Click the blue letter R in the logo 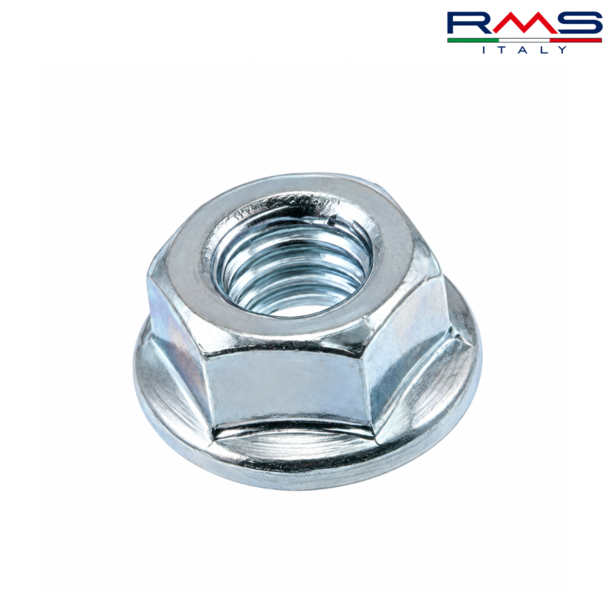coord(466,23)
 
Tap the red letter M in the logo coord(524,23)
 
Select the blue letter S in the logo coord(577,23)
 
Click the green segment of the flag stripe coord(473,40)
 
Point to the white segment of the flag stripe coord(524,40)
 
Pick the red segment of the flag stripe coord(576,40)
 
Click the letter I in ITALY coord(484,50)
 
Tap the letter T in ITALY coord(503,50)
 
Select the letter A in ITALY coord(524,50)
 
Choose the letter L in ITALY coord(543,50)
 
